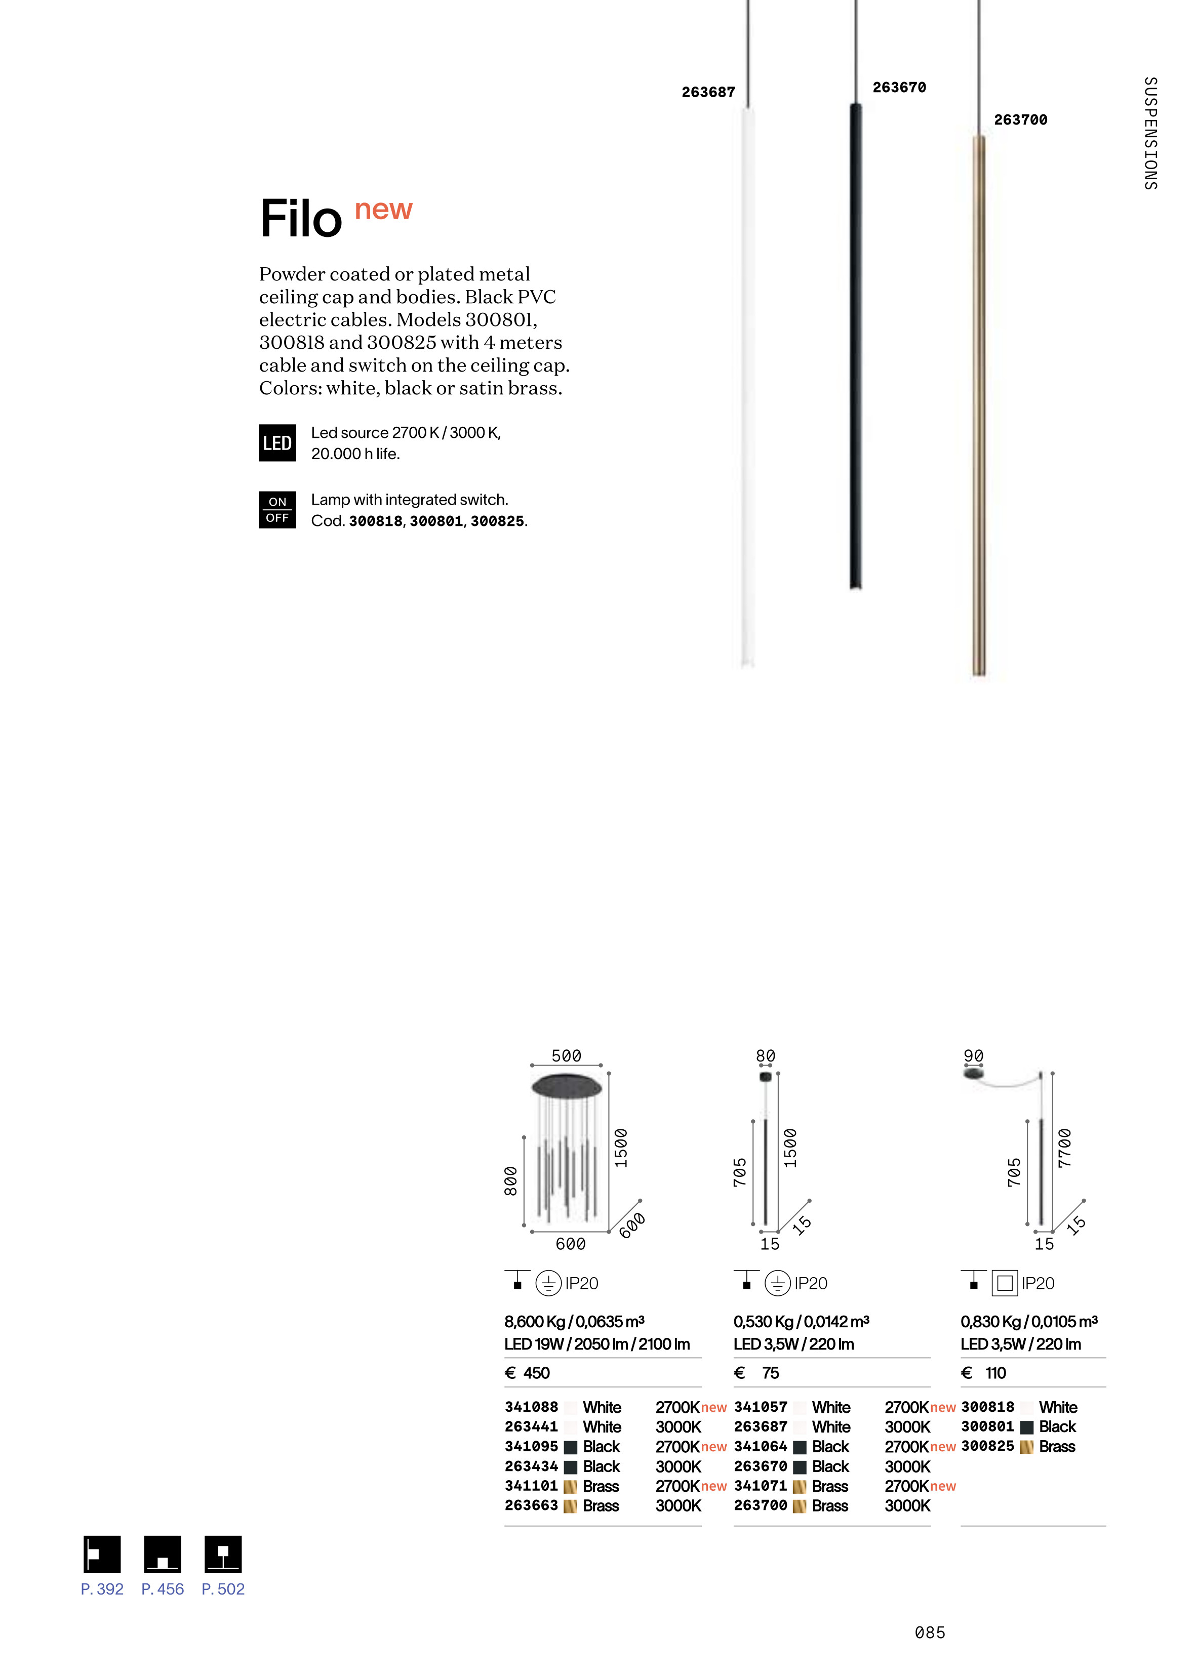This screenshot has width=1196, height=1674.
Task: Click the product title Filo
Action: click(x=301, y=219)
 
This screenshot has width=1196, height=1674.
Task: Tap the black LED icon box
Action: click(x=277, y=443)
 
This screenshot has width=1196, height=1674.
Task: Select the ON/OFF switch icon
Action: click(x=277, y=509)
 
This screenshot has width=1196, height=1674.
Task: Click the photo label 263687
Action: click(x=708, y=92)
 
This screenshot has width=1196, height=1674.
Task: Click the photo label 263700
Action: click(x=1020, y=120)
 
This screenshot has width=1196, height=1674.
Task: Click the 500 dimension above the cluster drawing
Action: click(x=566, y=1055)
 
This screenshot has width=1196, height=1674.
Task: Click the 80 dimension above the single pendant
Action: click(x=765, y=1055)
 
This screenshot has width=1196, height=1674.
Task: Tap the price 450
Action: click(x=536, y=1373)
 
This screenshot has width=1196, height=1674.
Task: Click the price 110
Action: click(x=995, y=1373)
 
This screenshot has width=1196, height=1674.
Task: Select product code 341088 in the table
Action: click(x=531, y=1407)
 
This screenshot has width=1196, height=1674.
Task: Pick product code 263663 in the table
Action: click(x=531, y=1505)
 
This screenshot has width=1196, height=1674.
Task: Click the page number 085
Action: click(x=929, y=1633)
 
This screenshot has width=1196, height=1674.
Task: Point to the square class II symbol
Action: click(x=1005, y=1284)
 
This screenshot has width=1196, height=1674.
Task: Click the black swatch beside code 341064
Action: click(x=800, y=1447)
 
